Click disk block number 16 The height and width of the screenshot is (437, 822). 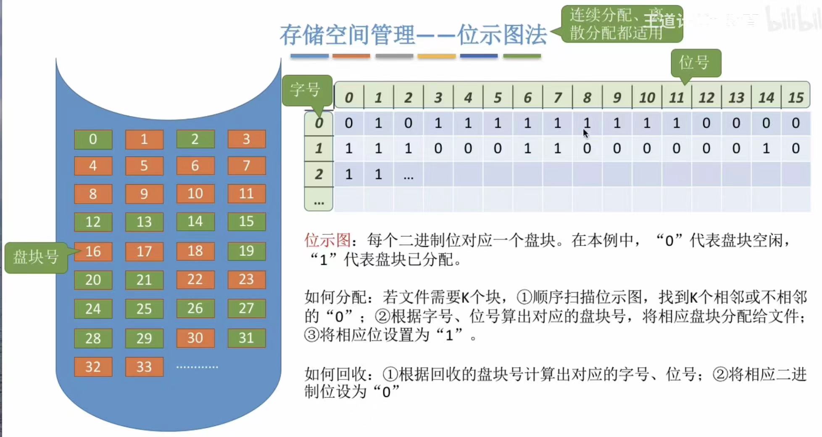click(93, 252)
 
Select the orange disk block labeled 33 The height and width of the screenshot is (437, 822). click(144, 367)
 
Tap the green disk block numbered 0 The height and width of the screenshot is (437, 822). click(93, 139)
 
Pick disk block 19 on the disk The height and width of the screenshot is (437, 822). click(246, 251)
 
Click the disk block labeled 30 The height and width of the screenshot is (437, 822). click(195, 338)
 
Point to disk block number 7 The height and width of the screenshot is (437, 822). click(246, 166)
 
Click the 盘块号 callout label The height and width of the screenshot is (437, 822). click(36, 257)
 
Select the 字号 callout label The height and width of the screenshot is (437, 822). click(306, 89)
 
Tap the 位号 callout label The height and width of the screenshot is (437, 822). click(695, 63)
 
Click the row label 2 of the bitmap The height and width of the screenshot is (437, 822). click(319, 174)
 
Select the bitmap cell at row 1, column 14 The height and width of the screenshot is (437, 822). click(766, 148)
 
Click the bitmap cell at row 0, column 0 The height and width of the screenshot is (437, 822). click(348, 123)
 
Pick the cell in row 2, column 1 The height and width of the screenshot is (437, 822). click(378, 174)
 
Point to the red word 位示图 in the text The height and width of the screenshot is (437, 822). click(327, 241)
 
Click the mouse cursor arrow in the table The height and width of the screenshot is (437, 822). click(585, 133)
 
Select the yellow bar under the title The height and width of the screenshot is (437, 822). click(436, 56)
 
